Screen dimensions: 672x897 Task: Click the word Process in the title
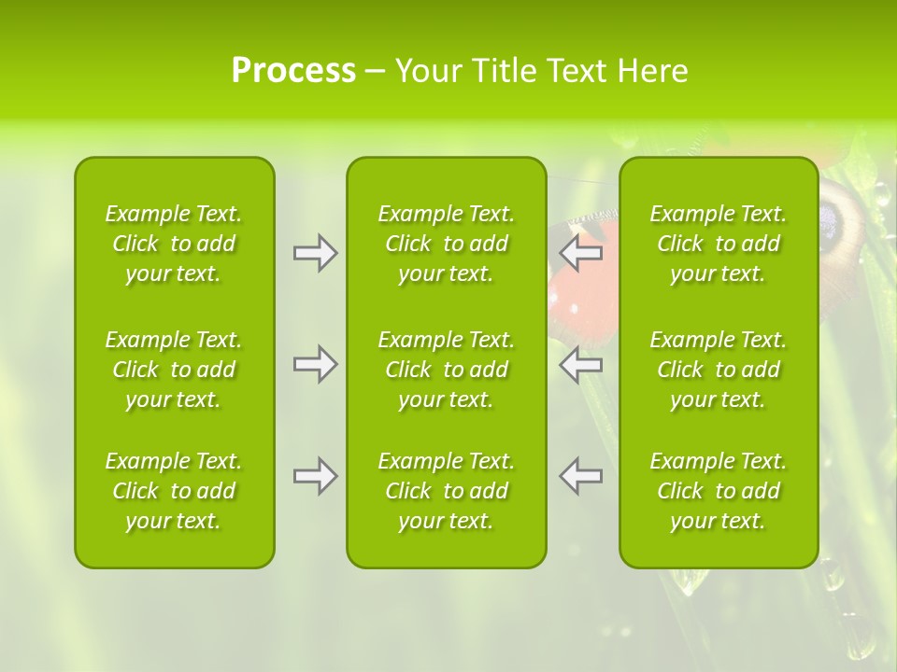coord(293,71)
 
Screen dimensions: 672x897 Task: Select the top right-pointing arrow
coord(315,253)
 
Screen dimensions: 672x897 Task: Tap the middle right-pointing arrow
coord(315,364)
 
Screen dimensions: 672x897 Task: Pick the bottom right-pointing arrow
coord(315,476)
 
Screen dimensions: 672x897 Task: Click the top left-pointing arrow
coord(581,253)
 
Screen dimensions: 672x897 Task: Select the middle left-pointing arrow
coord(581,364)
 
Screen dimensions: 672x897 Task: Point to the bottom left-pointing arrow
coord(581,476)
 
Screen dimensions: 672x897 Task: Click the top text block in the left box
coord(174,244)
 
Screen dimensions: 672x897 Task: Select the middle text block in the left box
coord(174,370)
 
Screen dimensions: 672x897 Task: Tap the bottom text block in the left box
coord(174,491)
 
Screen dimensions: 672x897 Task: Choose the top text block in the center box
coord(447,244)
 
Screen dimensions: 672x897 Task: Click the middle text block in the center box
coord(447,370)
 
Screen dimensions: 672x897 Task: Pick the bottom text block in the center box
coord(447,491)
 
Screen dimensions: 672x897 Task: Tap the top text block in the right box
coord(719,244)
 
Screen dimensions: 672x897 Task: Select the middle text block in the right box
coord(719,370)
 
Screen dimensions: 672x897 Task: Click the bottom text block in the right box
coord(719,491)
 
